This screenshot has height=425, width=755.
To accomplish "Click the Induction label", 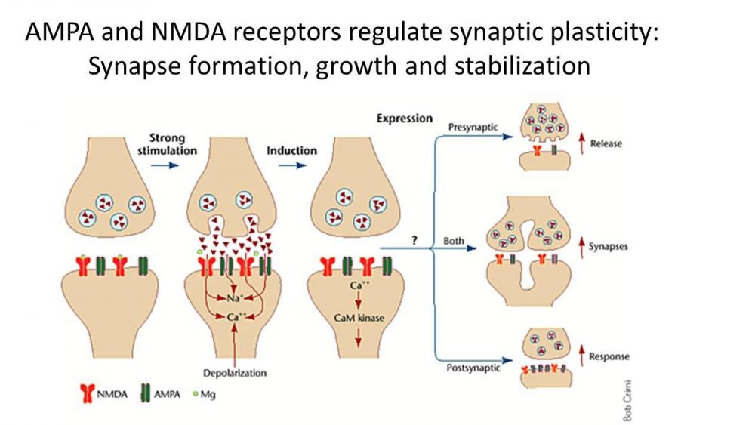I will pyautogui.click(x=291, y=150).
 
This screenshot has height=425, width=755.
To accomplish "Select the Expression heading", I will pyautogui.click(x=405, y=119).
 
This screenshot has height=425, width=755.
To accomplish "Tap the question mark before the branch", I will pyautogui.click(x=414, y=239).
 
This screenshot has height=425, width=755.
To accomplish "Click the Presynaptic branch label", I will pyautogui.click(x=473, y=127).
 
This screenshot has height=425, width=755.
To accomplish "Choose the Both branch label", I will pyautogui.click(x=453, y=241).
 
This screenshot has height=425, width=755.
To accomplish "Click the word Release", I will pyautogui.click(x=606, y=143).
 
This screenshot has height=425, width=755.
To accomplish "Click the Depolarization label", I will pyautogui.click(x=235, y=373).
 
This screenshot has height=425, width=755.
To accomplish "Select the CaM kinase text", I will pyautogui.click(x=359, y=318).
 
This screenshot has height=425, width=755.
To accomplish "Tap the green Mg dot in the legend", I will pyautogui.click(x=193, y=393).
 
